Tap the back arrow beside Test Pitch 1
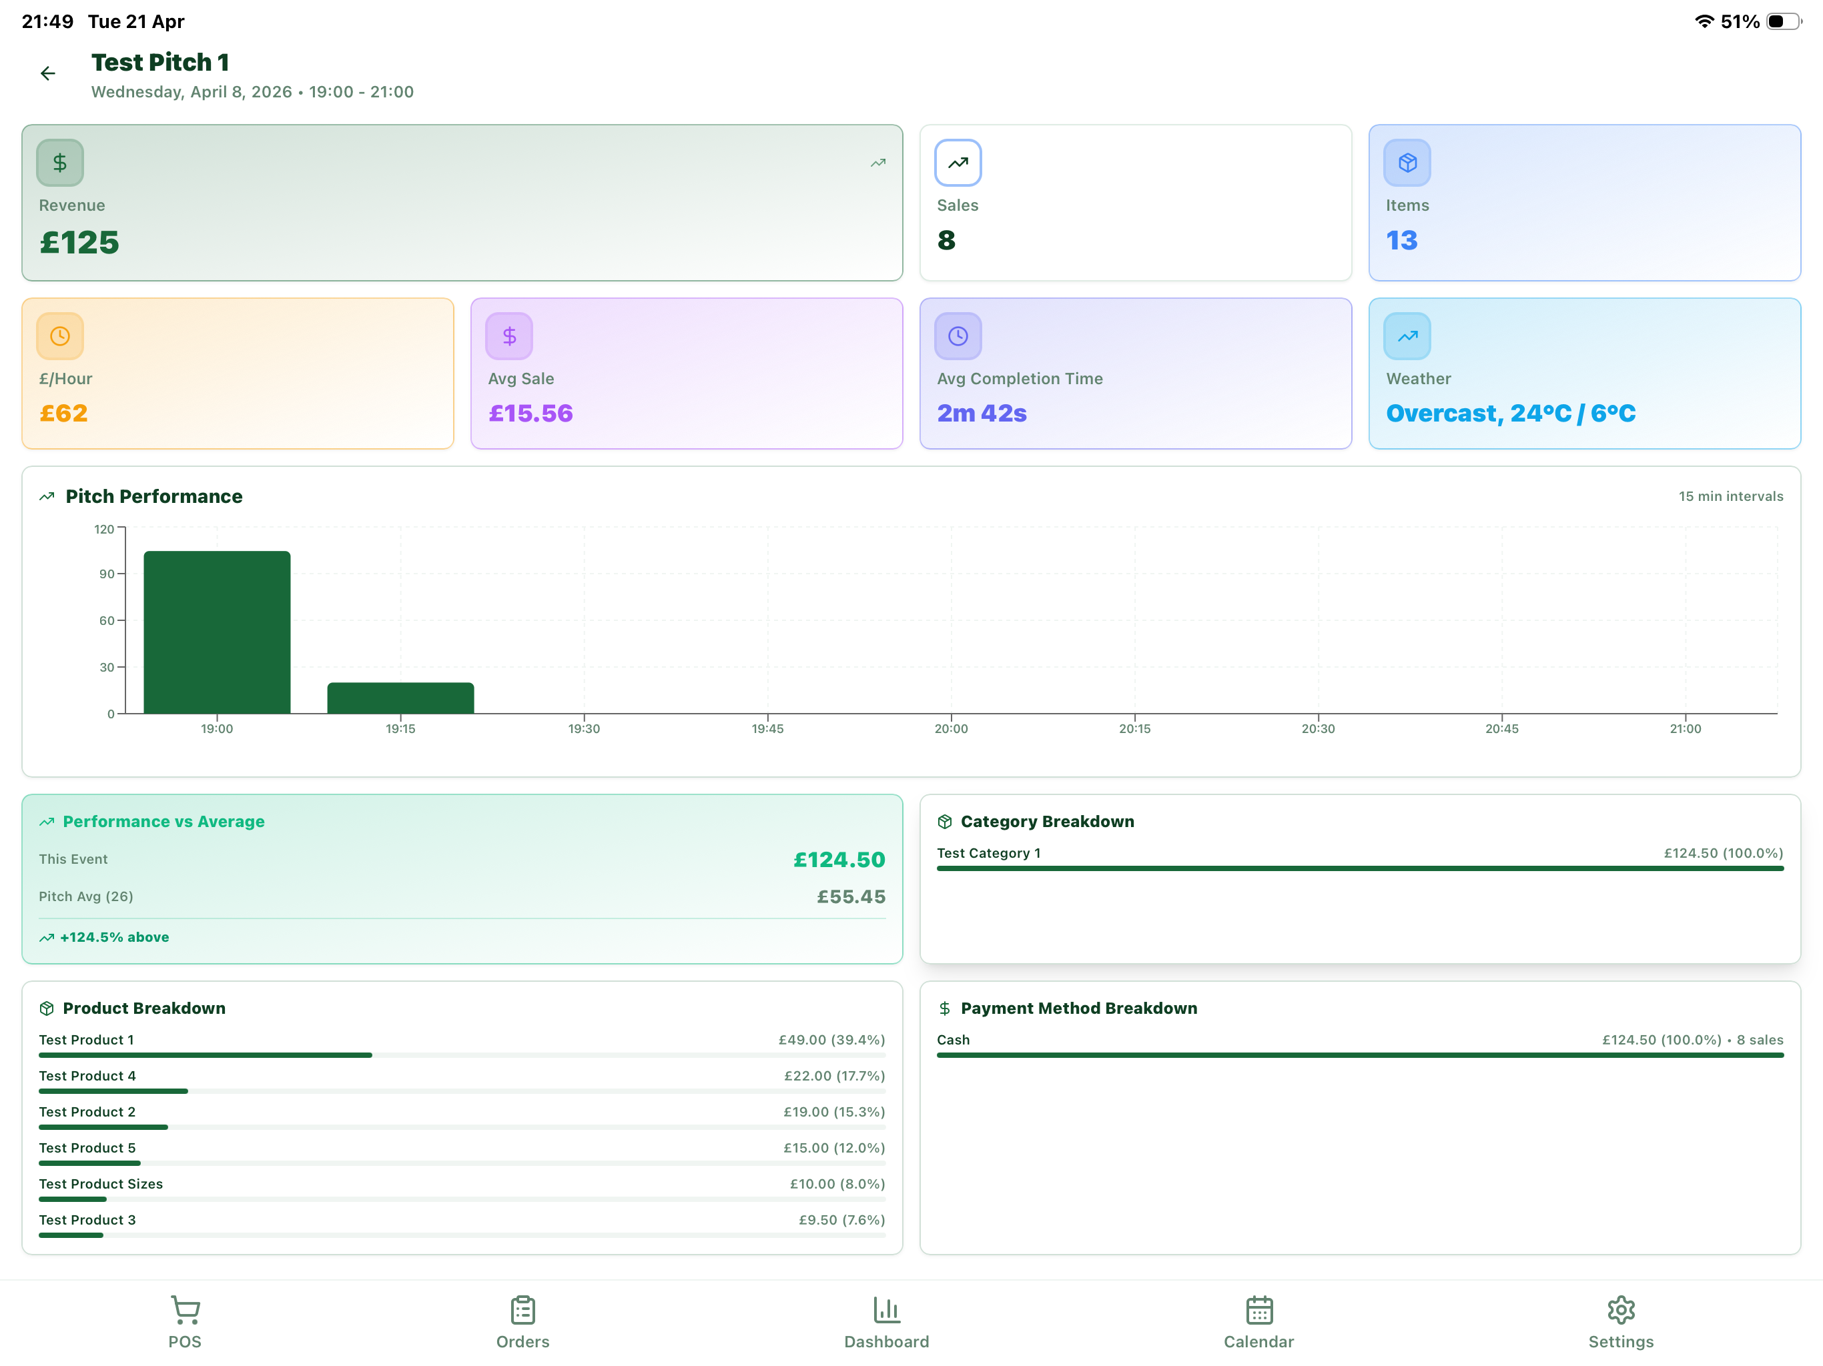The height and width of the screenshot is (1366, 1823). pyautogui.click(x=48, y=74)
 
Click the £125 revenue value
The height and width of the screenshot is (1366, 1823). pyautogui.click(x=79, y=242)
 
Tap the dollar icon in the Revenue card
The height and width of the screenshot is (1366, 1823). pyautogui.click(x=60, y=163)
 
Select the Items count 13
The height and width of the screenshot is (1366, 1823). pyautogui.click(x=1401, y=241)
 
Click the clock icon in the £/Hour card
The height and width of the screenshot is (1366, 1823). pyautogui.click(x=60, y=336)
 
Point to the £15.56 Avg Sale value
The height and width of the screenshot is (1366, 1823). pyautogui.click(x=530, y=413)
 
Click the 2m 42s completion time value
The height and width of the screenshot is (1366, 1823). pyautogui.click(x=981, y=413)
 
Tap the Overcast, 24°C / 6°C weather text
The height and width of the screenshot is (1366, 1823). pyautogui.click(x=1510, y=413)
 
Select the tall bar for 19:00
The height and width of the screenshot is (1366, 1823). pyautogui.click(x=217, y=632)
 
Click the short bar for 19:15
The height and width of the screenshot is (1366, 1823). pyautogui.click(x=400, y=698)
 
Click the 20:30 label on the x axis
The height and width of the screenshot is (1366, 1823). pyautogui.click(x=1318, y=729)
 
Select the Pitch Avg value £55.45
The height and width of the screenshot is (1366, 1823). pyautogui.click(x=851, y=896)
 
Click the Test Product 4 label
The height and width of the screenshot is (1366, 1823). pyautogui.click(x=87, y=1076)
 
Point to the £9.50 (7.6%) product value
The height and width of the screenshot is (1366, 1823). pyautogui.click(x=841, y=1220)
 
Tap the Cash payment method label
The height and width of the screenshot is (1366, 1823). pyautogui.click(x=953, y=1041)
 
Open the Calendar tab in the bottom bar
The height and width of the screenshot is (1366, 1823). pyautogui.click(x=1258, y=1321)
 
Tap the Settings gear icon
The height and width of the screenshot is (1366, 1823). pyautogui.click(x=1620, y=1310)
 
